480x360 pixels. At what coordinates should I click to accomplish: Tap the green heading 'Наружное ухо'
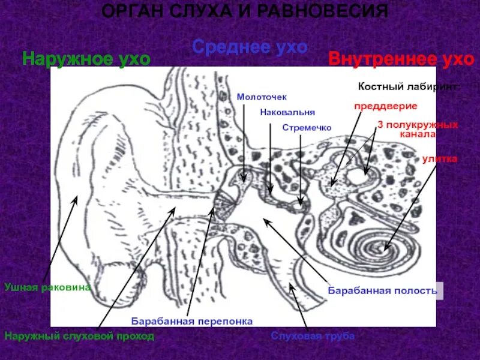86,58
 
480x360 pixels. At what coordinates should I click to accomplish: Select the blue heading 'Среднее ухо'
250,47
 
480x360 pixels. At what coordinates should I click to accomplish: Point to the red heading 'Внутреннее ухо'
401,59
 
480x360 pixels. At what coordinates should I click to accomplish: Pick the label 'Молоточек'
262,96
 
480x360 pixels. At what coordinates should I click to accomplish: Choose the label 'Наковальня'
287,112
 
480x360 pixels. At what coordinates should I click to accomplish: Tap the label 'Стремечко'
307,128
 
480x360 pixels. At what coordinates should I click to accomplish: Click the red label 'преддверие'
385,106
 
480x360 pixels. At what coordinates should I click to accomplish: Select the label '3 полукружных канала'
418,130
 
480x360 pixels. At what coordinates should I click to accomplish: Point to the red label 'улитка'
439,159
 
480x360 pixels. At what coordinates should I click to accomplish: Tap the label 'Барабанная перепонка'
192,321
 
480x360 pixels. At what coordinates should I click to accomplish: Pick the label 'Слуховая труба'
313,336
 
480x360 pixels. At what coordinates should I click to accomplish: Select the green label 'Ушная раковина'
47,287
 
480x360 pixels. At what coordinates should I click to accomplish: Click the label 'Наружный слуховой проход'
79,337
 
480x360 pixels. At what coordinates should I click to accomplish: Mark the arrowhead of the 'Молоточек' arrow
244,180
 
